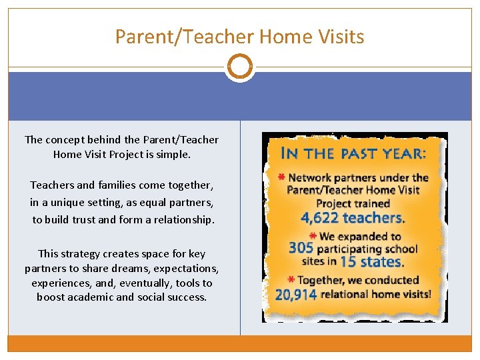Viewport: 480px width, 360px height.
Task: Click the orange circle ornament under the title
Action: pyautogui.click(x=240, y=67)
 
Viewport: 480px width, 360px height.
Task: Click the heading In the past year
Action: pyautogui.click(x=354, y=153)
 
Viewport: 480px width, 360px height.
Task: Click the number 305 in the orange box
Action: pyautogui.click(x=300, y=249)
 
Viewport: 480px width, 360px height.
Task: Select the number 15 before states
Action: pyautogui.click(x=349, y=262)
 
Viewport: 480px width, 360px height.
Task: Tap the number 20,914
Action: pyautogui.click(x=295, y=294)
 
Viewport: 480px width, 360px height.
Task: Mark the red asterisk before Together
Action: pyautogui.click(x=291, y=279)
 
